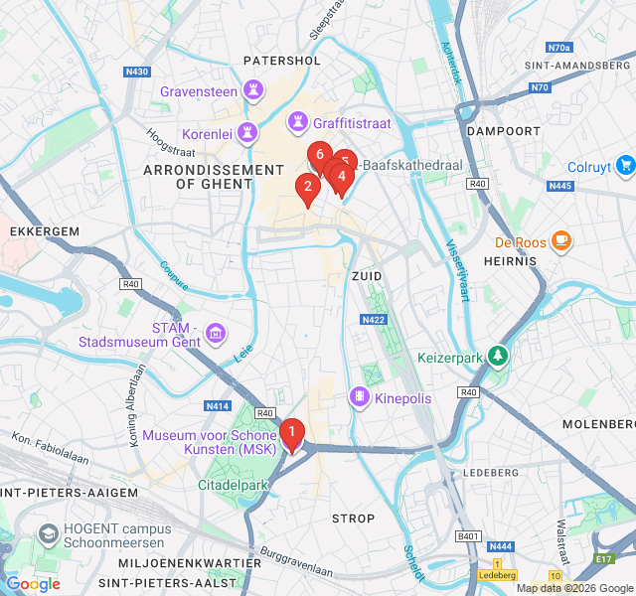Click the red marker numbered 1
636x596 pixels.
pyautogui.click(x=292, y=433)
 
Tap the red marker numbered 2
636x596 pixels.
pyautogui.click(x=308, y=187)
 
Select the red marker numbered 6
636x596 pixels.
pyautogui.click(x=319, y=155)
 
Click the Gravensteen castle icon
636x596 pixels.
pyautogui.click(x=254, y=91)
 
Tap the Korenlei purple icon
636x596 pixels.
pyautogui.click(x=246, y=133)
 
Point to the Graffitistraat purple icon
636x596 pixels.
pyautogui.click(x=297, y=123)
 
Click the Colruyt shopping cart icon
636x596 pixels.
pyautogui.click(x=624, y=166)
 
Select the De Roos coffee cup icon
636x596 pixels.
pyautogui.click(x=561, y=240)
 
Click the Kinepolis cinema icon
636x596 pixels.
pyautogui.click(x=358, y=397)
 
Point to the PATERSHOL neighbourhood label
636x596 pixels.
pyautogui.click(x=282, y=61)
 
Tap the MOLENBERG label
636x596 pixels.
pyautogui.click(x=598, y=424)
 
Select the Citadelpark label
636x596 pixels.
pyautogui.click(x=236, y=485)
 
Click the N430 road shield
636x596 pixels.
pyautogui.click(x=137, y=72)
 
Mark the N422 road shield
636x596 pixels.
pyautogui.click(x=374, y=320)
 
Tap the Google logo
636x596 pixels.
pyautogui.click(x=32, y=584)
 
